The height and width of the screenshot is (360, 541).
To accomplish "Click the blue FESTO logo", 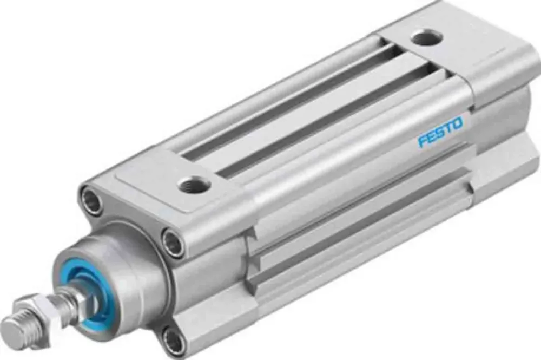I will [440, 132].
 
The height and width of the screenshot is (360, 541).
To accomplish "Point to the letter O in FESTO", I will [458, 124].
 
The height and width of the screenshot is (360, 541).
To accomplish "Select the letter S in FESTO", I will [440, 133].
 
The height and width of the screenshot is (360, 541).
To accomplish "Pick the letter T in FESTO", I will [448, 128].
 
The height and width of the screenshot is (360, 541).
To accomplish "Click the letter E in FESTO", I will [431, 137].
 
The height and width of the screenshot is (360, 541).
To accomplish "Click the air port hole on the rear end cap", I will [426, 37].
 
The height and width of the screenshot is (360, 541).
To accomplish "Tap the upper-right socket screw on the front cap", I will [174, 243].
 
